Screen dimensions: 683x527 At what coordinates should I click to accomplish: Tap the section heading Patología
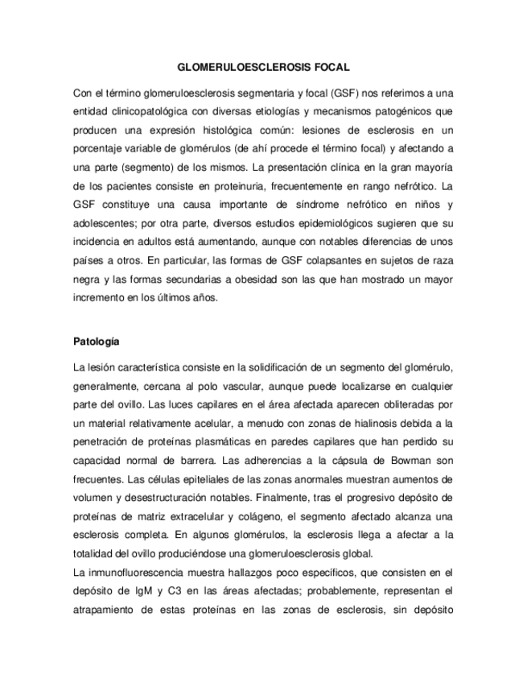(x=97, y=341)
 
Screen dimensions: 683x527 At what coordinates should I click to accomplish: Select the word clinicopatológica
(x=162, y=110)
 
